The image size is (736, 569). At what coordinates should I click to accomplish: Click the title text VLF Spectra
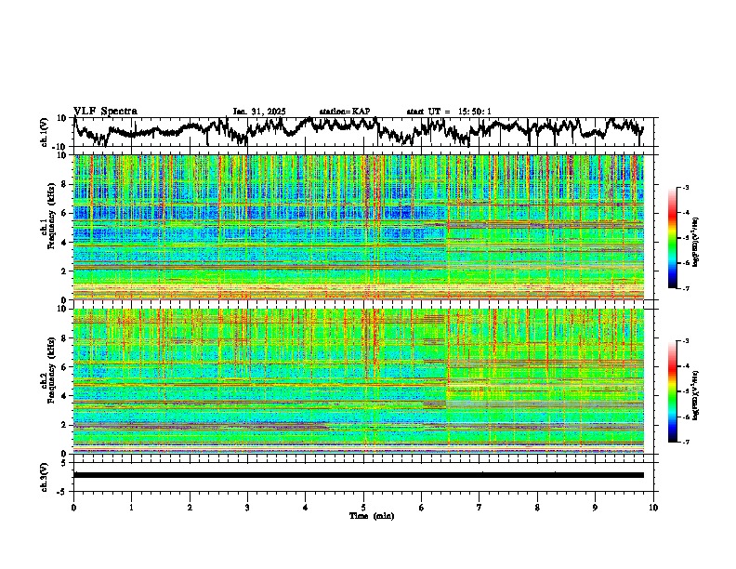pyautogui.click(x=105, y=111)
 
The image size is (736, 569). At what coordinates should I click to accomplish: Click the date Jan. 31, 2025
pyautogui.click(x=259, y=112)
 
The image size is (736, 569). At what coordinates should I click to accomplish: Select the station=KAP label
pyautogui.click(x=345, y=112)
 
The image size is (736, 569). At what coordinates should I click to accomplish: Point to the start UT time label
pyautogui.click(x=449, y=112)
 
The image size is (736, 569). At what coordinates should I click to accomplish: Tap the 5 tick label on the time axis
pyautogui.click(x=363, y=508)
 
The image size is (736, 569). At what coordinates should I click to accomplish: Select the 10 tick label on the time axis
pyautogui.click(x=653, y=508)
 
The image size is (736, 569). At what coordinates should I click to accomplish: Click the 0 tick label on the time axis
pyautogui.click(x=73, y=508)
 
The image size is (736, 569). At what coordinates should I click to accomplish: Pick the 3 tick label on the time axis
pyautogui.click(x=247, y=508)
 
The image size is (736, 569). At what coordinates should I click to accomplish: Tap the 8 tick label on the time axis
pyautogui.click(x=537, y=508)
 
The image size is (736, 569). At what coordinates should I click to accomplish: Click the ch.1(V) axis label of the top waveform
pyautogui.click(x=45, y=131)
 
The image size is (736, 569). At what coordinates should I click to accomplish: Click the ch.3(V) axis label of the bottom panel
pyautogui.click(x=45, y=475)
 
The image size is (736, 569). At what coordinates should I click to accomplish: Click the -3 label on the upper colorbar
pyautogui.click(x=686, y=188)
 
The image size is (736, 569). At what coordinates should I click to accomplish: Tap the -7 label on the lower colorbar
pyautogui.click(x=686, y=443)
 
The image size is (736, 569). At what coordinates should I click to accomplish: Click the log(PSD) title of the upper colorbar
pyautogui.click(x=695, y=239)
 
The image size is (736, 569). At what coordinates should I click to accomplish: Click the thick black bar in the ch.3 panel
pyautogui.click(x=358, y=475)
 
